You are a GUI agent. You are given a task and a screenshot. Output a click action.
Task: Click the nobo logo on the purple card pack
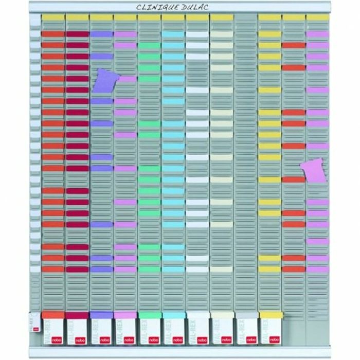coord(101,340)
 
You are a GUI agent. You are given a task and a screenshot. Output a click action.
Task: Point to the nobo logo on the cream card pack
coord(222,340)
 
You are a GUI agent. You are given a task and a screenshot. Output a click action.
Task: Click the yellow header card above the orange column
coord(52,17)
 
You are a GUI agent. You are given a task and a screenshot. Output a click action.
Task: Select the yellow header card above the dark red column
coord(77,17)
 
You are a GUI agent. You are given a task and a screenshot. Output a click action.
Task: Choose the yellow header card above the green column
coord(149,17)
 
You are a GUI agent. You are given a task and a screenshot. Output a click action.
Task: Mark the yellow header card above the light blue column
coord(173,17)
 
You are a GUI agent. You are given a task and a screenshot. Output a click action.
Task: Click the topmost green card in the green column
coord(149,45)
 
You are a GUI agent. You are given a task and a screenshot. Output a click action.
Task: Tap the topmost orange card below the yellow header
coord(52,34)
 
